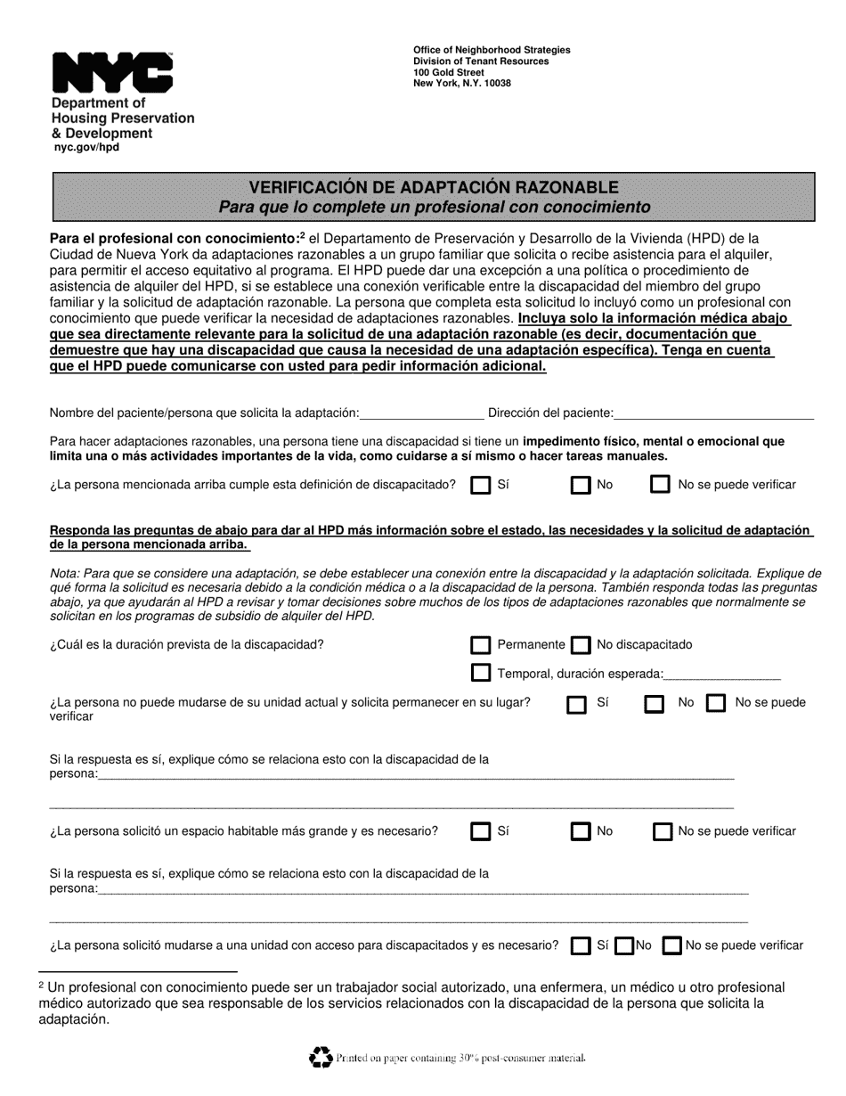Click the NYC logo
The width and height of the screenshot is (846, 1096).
(x=112, y=72)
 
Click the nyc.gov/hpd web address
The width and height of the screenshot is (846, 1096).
(x=85, y=148)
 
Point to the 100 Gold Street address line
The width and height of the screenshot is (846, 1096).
(x=449, y=73)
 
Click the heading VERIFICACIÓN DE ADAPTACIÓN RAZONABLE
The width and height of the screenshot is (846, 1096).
(x=433, y=187)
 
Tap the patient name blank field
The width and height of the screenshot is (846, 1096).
(x=421, y=413)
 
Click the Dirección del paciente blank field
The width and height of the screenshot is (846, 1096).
(x=714, y=413)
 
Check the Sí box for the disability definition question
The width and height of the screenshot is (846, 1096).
(x=481, y=486)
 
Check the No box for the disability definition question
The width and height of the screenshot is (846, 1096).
(x=581, y=486)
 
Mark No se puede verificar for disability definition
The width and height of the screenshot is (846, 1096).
(x=660, y=486)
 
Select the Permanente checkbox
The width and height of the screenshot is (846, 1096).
(x=481, y=645)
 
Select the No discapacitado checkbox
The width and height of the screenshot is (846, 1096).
(x=581, y=645)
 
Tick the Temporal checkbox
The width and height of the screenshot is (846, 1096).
(x=481, y=674)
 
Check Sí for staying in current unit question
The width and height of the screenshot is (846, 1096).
(x=577, y=704)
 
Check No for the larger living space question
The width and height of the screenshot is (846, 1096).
(x=581, y=832)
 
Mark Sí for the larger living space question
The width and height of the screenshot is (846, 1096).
(x=481, y=832)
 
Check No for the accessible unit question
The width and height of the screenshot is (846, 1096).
(x=625, y=946)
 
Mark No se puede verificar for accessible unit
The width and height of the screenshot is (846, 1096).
(x=672, y=946)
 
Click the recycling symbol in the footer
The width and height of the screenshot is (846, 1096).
(x=320, y=1057)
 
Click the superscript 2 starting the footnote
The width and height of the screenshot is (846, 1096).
(x=42, y=986)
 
